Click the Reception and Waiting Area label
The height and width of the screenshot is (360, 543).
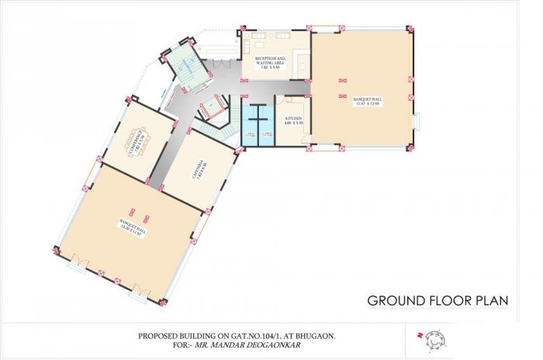(x=271, y=62)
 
